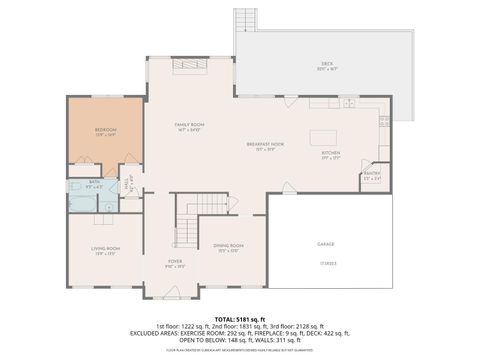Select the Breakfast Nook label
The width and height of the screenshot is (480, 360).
coord(266,146)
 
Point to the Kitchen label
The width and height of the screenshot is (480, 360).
coord(331,155)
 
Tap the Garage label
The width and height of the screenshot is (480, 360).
coord(326,244)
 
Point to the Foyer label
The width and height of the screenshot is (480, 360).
coord(174,264)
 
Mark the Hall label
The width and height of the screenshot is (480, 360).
coord(127,183)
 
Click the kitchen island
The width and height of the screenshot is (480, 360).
coord(326,138)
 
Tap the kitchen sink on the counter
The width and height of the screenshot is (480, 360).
coord(347,104)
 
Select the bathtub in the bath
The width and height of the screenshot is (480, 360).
coord(79,198)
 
